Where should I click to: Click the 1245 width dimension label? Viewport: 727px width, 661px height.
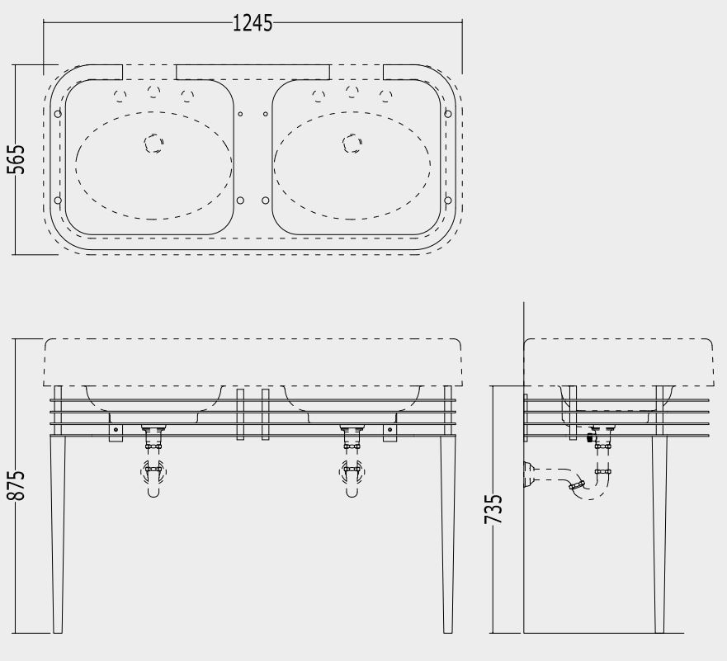[253, 23]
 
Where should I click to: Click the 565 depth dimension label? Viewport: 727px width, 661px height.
[16, 159]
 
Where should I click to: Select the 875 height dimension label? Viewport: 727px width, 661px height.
[16, 486]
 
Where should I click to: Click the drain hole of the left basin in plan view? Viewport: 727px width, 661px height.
[153, 143]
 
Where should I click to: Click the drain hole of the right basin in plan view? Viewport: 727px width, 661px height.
[352, 143]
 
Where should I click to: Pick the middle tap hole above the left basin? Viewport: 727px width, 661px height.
[153, 91]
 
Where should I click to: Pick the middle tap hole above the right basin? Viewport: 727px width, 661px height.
[352, 91]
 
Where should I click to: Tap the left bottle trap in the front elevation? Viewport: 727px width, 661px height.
[153, 475]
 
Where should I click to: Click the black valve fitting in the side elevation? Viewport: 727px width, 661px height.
[589, 437]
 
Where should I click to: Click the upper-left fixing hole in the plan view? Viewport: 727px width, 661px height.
[57, 113]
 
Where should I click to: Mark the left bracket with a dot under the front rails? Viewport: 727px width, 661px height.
[116, 430]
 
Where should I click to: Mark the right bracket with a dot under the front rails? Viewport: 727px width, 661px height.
[389, 430]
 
